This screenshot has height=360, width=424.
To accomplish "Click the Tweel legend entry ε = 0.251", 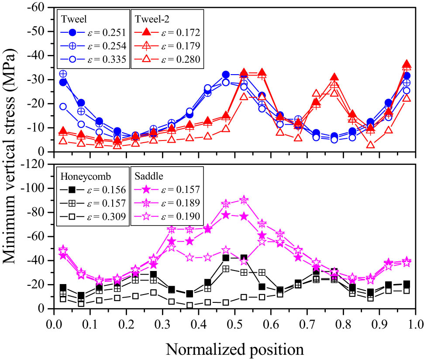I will coord(93,32).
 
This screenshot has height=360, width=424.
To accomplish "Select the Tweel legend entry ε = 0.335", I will coord(93,60).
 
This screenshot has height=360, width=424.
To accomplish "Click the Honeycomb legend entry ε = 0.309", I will coord(93,217).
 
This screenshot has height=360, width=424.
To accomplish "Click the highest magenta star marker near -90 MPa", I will coord(244,200).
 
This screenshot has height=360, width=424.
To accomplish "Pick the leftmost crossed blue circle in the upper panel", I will coord(63,74).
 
